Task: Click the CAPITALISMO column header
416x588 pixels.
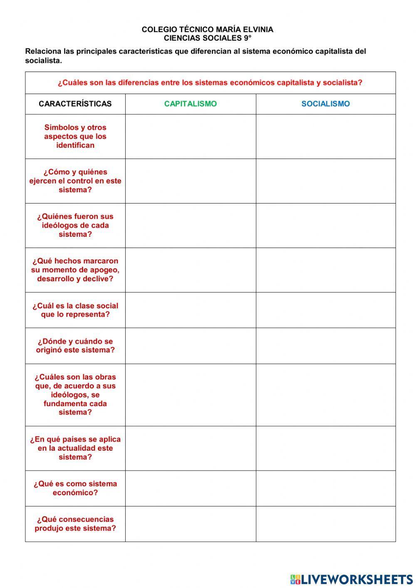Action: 190,104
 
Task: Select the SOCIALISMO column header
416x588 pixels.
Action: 325,104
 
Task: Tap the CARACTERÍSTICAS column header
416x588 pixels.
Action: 75,104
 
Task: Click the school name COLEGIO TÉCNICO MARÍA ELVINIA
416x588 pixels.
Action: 207,30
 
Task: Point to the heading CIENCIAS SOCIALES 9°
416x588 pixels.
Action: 207,38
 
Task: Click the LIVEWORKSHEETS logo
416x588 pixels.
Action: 352,579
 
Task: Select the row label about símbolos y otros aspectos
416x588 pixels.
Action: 75,136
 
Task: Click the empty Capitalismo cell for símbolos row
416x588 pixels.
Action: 190,136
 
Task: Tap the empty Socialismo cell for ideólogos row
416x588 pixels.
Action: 325,226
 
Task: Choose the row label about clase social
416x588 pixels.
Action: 75,310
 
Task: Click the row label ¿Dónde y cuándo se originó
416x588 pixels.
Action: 75,346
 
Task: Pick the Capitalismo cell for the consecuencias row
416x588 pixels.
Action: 190,524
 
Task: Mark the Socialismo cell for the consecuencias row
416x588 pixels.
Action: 325,524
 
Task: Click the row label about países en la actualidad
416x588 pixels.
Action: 75,448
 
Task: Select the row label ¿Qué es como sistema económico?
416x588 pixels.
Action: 75,488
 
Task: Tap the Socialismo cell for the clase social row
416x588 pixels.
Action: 325,310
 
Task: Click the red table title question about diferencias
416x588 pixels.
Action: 210,83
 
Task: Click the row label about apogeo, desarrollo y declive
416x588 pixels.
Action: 75,270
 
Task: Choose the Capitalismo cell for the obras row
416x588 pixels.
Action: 190,395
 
